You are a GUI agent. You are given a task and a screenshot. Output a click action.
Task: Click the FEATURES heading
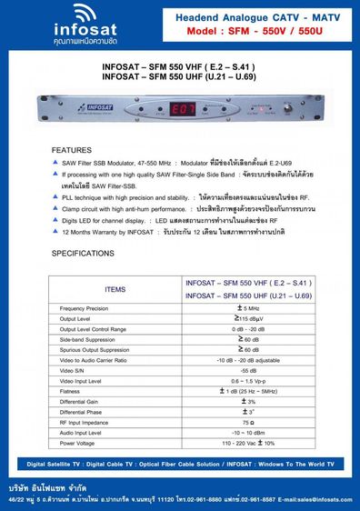click(71, 149)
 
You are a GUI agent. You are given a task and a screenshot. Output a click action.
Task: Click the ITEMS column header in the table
click(115, 288)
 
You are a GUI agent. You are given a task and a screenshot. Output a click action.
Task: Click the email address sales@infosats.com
click(313, 498)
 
